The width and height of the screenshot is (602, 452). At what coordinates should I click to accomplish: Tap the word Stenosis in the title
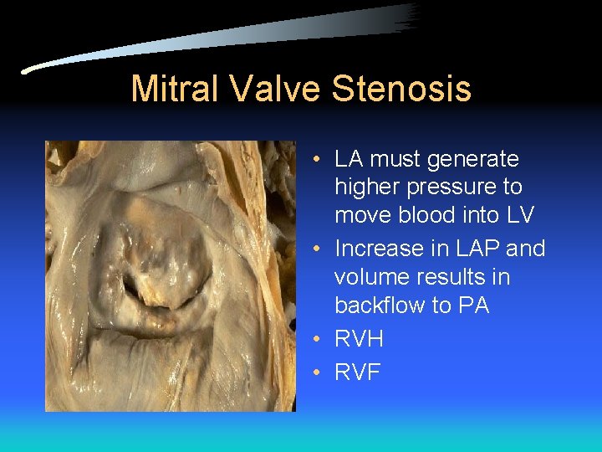401,89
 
